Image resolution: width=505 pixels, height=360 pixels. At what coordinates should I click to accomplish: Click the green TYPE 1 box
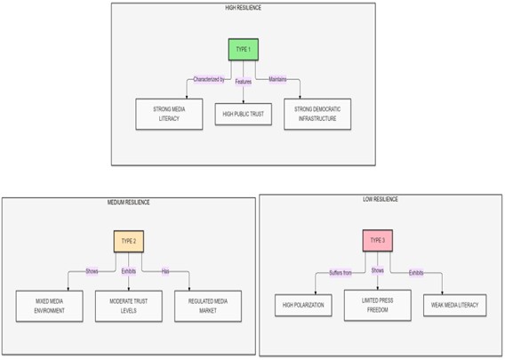click(243, 50)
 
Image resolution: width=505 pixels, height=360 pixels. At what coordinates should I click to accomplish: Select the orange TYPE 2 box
click(129, 241)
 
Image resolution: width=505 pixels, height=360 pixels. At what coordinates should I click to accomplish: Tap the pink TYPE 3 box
click(378, 241)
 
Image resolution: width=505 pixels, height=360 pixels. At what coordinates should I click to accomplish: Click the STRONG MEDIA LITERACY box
click(169, 114)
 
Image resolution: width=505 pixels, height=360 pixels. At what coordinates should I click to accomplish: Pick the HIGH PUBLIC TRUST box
click(243, 114)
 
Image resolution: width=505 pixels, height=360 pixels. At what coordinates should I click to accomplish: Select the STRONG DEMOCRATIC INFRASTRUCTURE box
click(317, 114)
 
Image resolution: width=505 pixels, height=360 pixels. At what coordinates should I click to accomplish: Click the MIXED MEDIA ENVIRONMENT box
click(49, 306)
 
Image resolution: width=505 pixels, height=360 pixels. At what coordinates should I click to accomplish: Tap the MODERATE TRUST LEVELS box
click(129, 306)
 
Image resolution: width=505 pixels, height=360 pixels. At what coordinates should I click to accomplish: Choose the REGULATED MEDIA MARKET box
click(208, 306)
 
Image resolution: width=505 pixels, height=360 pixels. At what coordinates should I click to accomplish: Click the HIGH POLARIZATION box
click(303, 305)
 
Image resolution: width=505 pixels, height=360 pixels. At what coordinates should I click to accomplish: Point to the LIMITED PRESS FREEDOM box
click(378, 305)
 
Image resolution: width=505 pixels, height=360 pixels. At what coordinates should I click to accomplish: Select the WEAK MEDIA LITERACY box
click(454, 305)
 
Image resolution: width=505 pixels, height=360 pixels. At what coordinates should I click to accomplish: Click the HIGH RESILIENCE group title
click(243, 8)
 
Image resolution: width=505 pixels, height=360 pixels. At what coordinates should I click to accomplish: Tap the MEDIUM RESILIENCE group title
click(129, 202)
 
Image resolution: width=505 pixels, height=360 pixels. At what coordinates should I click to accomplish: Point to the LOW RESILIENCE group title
click(381, 199)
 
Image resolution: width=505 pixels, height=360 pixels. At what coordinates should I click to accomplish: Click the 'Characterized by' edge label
click(209, 79)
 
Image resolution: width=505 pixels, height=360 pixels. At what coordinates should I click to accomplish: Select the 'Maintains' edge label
click(277, 79)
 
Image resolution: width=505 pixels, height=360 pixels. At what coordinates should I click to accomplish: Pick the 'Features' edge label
click(243, 82)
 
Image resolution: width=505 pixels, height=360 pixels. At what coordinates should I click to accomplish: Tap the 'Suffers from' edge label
click(341, 273)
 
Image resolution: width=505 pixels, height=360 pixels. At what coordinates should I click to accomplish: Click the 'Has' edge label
click(165, 271)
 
